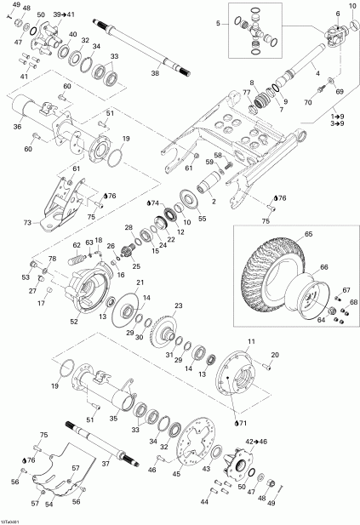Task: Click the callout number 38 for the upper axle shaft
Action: (154, 74)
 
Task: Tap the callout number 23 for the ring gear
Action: (179, 305)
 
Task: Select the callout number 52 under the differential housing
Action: (73, 322)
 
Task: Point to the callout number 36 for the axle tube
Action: (17, 128)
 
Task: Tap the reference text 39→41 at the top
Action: (64, 15)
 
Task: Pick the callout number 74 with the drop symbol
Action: (154, 203)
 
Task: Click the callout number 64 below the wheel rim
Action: (322, 320)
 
